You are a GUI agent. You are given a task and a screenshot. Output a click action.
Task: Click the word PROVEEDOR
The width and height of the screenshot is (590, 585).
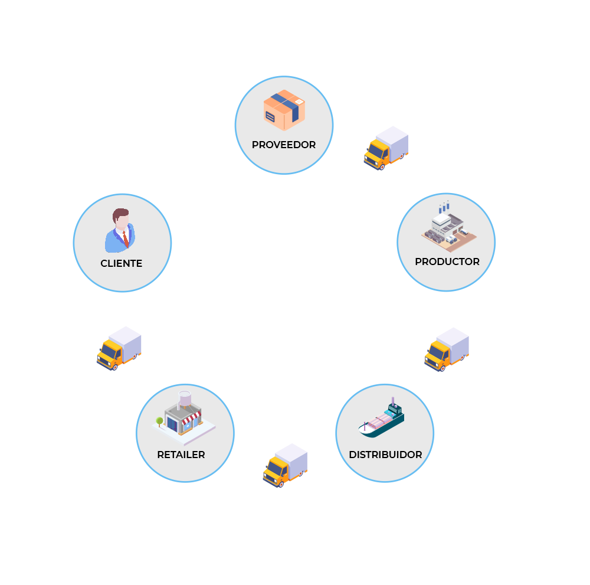tap(284, 145)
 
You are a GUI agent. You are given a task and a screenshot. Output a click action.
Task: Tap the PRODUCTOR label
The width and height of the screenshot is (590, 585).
tap(447, 262)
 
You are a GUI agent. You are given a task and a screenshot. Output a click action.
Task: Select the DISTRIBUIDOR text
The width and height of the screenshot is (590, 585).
tap(385, 455)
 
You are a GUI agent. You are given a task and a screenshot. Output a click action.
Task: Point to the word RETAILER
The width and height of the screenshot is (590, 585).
tap(181, 455)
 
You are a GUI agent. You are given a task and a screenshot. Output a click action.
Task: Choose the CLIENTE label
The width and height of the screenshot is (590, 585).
tap(122, 263)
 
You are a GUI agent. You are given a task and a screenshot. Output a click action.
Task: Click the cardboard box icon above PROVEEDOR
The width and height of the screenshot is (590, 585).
tap(284, 110)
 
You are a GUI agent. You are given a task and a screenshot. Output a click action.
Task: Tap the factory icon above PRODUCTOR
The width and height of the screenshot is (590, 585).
tap(448, 228)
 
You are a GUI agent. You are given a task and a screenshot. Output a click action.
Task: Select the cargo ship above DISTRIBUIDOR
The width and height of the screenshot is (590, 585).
tap(382, 420)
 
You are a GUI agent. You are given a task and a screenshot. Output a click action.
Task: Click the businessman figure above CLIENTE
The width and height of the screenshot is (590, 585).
tap(120, 231)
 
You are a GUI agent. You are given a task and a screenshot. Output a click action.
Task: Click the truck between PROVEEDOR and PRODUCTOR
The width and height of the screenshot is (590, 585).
tap(386, 148)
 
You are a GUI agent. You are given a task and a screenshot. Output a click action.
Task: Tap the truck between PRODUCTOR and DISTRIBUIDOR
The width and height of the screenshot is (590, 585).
tap(447, 349)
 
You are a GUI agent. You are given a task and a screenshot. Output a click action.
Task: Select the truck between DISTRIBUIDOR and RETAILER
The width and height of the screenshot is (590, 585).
tap(285, 465)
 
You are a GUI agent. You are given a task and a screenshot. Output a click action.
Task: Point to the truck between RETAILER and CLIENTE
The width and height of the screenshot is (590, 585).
tap(119, 348)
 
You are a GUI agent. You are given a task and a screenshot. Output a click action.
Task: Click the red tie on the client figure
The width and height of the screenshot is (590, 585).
tap(126, 238)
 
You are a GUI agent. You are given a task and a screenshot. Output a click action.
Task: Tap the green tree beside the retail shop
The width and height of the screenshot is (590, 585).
tap(159, 421)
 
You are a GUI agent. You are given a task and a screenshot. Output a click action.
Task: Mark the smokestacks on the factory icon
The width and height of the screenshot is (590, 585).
tap(444, 207)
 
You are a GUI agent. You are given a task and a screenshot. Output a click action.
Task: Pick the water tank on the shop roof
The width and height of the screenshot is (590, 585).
tap(185, 398)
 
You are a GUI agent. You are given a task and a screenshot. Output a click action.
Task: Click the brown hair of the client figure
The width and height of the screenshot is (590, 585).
tap(120, 213)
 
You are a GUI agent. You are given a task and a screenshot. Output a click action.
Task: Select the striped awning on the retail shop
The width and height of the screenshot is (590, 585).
tap(189, 420)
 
